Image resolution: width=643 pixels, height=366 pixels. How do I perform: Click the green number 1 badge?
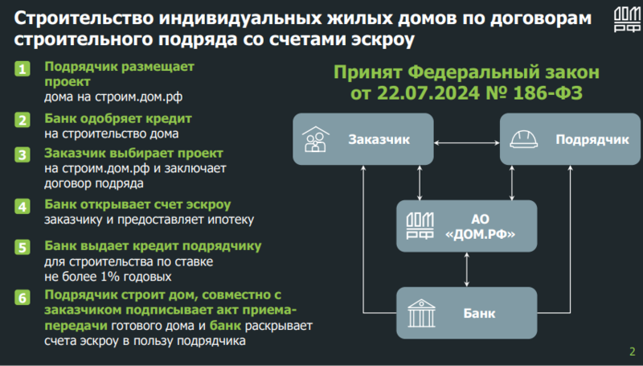point(23,68)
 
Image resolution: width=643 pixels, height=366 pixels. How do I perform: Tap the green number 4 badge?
point(23,206)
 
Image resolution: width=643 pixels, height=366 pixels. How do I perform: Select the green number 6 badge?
point(23,298)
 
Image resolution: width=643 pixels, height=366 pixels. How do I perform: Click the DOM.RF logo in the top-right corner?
point(627,19)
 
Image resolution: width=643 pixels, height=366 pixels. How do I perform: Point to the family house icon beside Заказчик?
point(315,139)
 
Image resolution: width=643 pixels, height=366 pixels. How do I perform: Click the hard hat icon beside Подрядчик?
point(524,139)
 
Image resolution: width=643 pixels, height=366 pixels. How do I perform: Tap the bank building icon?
point(421,313)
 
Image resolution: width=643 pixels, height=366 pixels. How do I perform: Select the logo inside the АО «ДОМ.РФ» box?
point(420,226)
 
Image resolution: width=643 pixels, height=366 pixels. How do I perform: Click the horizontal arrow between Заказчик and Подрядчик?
point(467,143)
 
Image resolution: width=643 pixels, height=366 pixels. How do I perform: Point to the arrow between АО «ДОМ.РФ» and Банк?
point(467,269)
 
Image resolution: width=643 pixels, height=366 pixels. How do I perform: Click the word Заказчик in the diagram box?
point(379,139)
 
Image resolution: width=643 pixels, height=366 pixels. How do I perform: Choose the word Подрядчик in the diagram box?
point(592,139)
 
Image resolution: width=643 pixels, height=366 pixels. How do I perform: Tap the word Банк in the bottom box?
point(479,314)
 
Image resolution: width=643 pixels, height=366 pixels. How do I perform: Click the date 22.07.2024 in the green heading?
point(428,93)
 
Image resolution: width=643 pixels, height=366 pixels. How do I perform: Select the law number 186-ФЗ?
point(547,93)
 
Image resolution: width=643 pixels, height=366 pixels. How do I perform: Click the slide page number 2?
point(632,352)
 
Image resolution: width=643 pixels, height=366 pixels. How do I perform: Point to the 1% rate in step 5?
point(109,277)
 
